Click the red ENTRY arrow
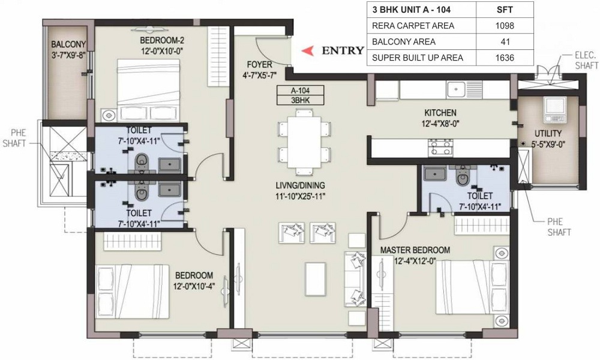tap(308, 51)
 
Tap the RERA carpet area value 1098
tap(505, 26)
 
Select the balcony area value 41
tap(505, 42)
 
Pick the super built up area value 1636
tap(505, 58)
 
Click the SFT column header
tap(505, 10)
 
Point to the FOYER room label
tap(260, 65)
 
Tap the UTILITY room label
tap(548, 134)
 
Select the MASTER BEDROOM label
tap(415, 250)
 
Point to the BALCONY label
tap(68, 44)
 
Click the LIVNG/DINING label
tap(301, 185)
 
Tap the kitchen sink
tap(455, 90)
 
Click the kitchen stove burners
tap(441, 147)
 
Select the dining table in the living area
tap(304, 142)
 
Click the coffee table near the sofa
tap(316, 279)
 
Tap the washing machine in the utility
tap(554, 110)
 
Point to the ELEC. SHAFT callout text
tap(586, 60)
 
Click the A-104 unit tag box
tap(301, 91)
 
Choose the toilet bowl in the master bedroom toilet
tap(463, 176)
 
